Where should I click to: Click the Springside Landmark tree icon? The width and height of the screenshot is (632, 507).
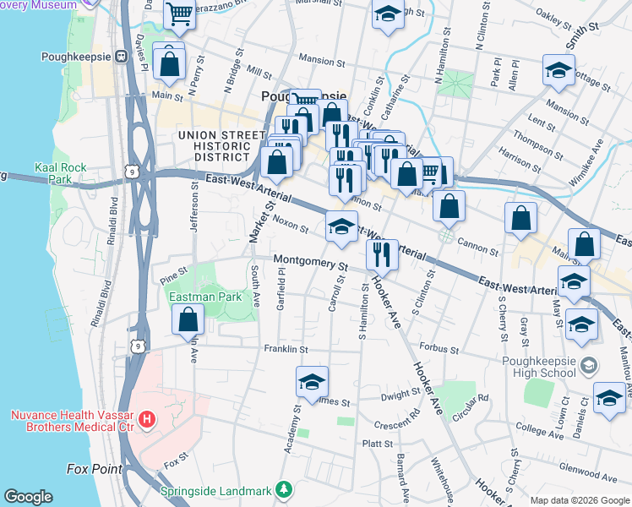tap(286, 490)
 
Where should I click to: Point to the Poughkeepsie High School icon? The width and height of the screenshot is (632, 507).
tap(589, 365)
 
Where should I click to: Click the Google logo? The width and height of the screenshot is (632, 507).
tap(29, 497)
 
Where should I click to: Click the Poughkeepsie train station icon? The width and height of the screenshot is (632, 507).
tap(121, 57)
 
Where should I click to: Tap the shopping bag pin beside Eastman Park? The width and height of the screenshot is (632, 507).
tap(188, 320)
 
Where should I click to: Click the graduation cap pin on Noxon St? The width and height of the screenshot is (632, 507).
tap(341, 226)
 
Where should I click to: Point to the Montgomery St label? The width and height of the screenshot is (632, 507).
tap(310, 263)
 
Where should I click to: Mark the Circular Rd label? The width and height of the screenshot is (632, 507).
tap(471, 397)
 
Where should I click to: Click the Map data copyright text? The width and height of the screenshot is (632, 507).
tap(579, 500)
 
